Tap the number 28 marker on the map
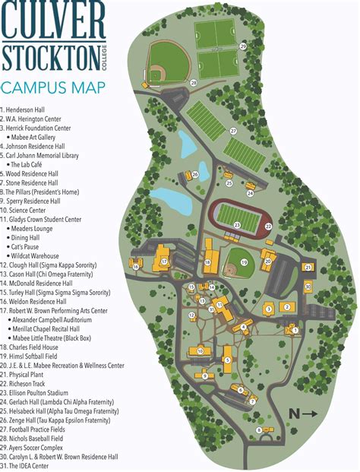[194, 82]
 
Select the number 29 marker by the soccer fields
[243, 46]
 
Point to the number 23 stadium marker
[237, 226]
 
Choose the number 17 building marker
[163, 261]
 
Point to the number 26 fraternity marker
[195, 175]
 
